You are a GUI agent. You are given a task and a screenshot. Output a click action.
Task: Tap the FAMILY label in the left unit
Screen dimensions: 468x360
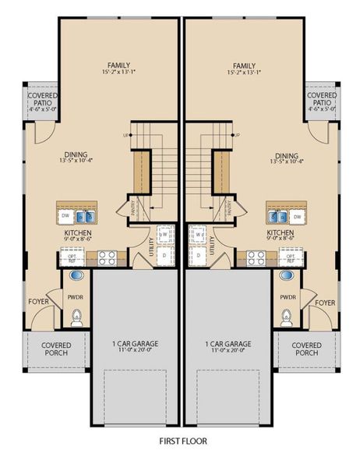tap(119, 66)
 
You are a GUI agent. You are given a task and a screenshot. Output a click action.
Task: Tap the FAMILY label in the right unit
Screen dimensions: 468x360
tap(245, 66)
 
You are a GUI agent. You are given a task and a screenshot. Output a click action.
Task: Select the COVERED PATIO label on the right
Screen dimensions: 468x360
tap(322, 102)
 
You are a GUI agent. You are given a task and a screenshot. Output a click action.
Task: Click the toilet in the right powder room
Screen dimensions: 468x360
tap(286, 316)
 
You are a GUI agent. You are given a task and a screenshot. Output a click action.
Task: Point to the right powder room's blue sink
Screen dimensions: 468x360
tap(286, 276)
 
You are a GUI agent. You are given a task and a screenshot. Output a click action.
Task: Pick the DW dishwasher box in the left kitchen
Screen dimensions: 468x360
tap(65, 216)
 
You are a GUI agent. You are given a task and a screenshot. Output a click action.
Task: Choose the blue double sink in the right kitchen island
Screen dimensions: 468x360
tap(295, 216)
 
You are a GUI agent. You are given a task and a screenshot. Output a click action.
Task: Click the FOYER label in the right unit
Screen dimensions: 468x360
tap(326, 302)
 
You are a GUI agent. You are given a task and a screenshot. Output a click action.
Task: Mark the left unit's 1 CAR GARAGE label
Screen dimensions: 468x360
tap(137, 344)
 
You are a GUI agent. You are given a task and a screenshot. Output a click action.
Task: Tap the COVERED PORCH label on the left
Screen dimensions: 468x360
tap(56, 349)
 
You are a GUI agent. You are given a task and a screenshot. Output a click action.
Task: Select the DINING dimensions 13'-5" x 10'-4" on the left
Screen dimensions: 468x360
tap(76, 162)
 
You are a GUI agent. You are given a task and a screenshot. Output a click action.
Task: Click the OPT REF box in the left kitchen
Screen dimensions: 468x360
tap(72, 256)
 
